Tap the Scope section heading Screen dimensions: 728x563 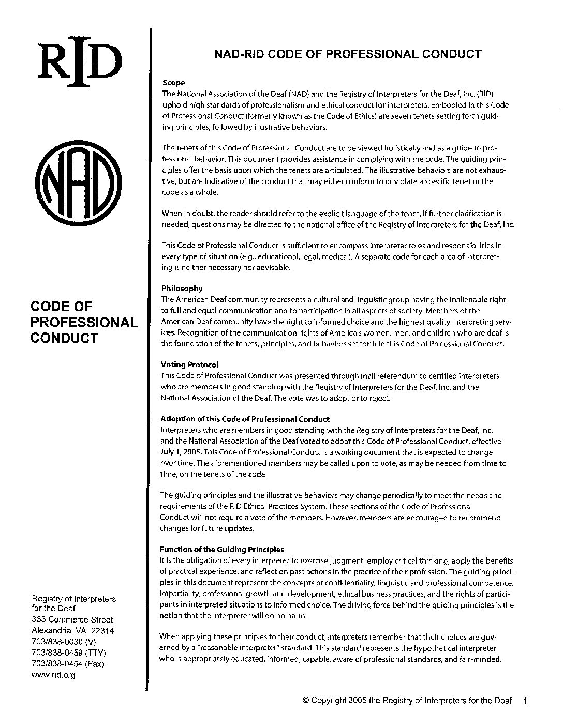coord(173,83)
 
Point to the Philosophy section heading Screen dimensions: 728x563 coord(182,289)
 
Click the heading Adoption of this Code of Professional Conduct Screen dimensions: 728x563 coord(245,419)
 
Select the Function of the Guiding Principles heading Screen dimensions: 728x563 coord(222,550)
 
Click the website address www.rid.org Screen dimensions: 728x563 coord(54,675)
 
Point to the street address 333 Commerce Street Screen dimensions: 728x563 coord(72,619)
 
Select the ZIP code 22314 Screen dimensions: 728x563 coord(103,631)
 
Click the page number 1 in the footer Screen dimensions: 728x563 coord(525,701)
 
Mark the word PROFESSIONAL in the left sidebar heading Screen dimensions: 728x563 coord(84,323)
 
